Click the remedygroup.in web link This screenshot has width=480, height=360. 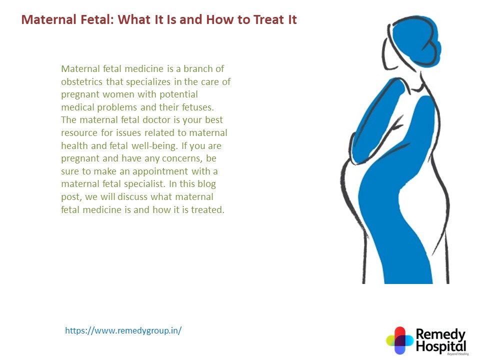coord(123,330)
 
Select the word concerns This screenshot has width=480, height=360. coord(162,158)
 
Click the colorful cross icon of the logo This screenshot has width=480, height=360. coord(399,340)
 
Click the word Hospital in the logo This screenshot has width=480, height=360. coord(440,346)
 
